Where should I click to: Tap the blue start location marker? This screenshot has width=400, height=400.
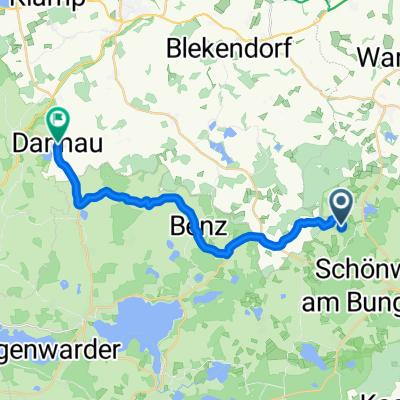click(340, 208)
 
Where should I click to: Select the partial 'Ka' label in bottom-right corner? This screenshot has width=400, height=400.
click(388, 393)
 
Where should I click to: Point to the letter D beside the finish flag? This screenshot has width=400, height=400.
click(20, 144)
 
